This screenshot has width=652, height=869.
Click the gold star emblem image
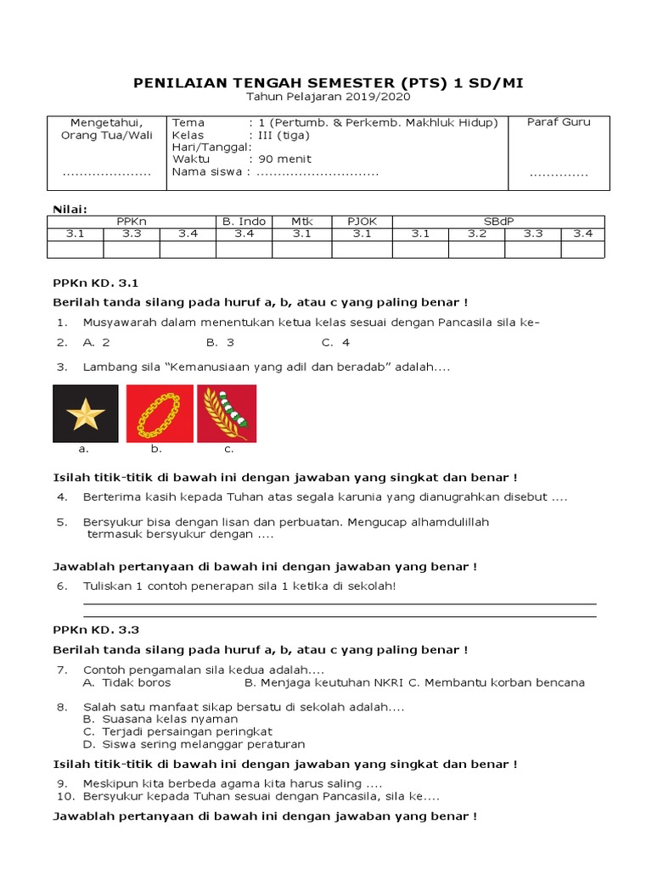pyautogui.click(x=86, y=413)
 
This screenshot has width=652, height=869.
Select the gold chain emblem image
pyautogui.click(x=160, y=413)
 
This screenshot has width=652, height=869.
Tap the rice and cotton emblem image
pyautogui.click(x=227, y=413)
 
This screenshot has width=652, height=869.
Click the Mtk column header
pyautogui.click(x=302, y=221)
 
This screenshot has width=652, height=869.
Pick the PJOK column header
pyautogui.click(x=362, y=221)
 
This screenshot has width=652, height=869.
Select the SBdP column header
pyautogui.click(x=498, y=221)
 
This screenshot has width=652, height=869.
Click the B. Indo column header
pyautogui.click(x=244, y=221)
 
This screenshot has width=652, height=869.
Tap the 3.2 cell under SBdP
pyautogui.click(x=476, y=234)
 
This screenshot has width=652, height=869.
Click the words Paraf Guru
pyautogui.click(x=559, y=122)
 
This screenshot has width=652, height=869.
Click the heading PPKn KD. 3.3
pyautogui.click(x=95, y=630)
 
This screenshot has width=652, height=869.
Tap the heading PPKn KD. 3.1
pyautogui.click(x=95, y=283)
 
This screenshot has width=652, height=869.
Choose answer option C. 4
pyautogui.click(x=335, y=343)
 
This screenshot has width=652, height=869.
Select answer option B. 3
pyautogui.click(x=220, y=343)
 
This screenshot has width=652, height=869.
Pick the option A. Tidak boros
pyautogui.click(x=126, y=682)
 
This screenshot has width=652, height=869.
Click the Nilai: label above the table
pyautogui.click(x=70, y=208)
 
